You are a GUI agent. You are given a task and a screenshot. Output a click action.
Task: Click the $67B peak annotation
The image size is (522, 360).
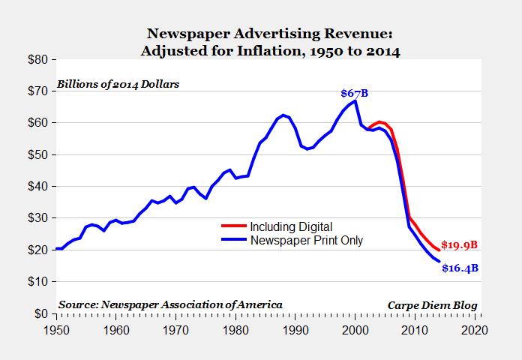click(355, 93)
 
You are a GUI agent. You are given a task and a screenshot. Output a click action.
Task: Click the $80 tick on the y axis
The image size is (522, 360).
click(37, 59)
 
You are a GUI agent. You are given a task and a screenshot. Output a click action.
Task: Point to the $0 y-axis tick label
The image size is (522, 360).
click(40, 313)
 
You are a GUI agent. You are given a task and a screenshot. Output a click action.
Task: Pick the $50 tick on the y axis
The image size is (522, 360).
click(37, 154)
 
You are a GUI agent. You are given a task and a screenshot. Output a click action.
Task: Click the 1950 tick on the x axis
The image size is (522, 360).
click(56, 328)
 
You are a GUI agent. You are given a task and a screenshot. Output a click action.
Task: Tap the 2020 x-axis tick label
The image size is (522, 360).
click(475, 328)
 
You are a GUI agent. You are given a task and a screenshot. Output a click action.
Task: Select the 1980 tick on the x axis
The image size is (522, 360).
click(235, 328)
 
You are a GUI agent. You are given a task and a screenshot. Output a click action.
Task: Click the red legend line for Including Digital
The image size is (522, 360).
click(234, 226)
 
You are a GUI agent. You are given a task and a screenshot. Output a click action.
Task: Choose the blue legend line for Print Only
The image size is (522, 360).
click(234, 241)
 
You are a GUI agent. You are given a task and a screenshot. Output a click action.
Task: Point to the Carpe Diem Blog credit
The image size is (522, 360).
click(432, 304)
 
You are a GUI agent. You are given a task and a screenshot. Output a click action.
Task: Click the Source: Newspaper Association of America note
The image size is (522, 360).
click(170, 304)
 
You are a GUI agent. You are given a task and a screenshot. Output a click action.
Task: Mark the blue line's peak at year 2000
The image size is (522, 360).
click(355, 100)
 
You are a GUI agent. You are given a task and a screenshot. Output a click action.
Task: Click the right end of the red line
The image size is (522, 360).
click(439, 250)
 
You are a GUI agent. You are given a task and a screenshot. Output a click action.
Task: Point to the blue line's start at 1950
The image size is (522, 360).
click(56, 248)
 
